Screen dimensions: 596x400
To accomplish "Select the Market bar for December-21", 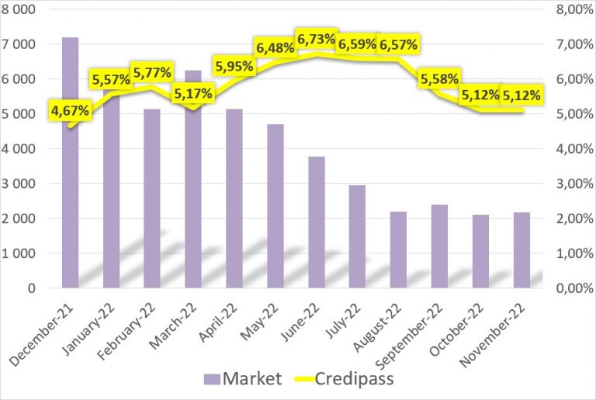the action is point(71,162).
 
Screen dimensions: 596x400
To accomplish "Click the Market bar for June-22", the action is point(317,222).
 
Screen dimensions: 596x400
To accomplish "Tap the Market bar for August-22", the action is point(398,249).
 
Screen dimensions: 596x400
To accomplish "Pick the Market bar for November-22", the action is point(521,250).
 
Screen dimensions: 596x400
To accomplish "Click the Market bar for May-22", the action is point(275,206).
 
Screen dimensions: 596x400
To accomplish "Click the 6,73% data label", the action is point(317,39).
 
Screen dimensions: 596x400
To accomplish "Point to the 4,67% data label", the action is point(70,111).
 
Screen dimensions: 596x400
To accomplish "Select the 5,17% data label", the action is point(193,93).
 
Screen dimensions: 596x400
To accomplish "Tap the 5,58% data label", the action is point(439,78).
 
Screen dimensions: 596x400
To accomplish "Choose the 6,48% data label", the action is point(275,47).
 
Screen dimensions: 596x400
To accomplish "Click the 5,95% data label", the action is point(234,66).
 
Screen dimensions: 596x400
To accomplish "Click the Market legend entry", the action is point(243,379).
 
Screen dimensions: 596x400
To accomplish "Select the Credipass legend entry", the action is point(345,379).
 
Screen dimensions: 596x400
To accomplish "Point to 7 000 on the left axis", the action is point(19,44).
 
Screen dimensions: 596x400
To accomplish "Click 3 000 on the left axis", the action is point(19,184).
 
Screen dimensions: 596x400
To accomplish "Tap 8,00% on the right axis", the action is point(575,9).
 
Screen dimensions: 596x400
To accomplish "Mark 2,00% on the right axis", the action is point(575,219).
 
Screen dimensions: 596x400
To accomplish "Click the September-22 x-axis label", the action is point(409,336).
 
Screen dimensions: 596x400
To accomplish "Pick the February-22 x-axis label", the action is point(126,332).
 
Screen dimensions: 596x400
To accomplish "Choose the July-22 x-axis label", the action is point(343,322).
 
